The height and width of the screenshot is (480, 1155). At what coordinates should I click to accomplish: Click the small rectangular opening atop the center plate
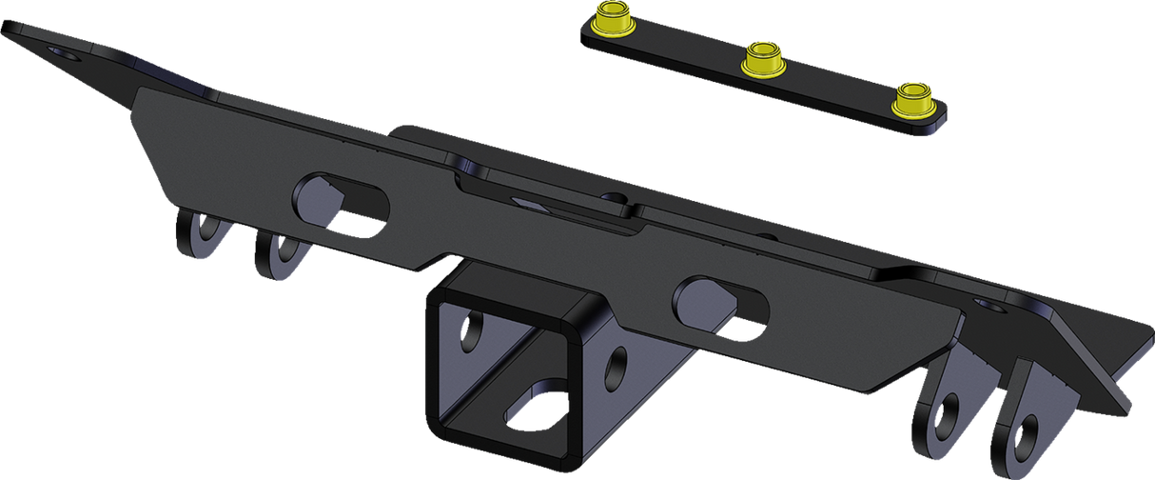pos(526,201)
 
